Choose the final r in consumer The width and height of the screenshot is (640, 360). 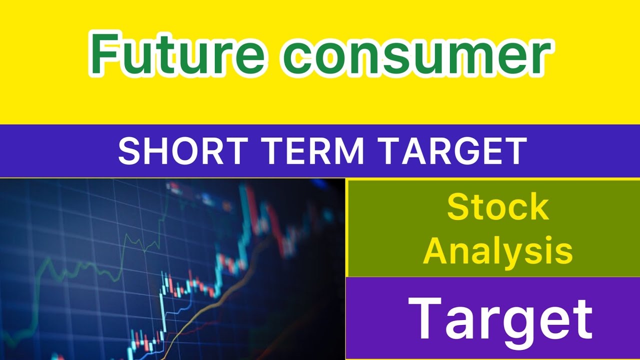[x=541, y=59]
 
